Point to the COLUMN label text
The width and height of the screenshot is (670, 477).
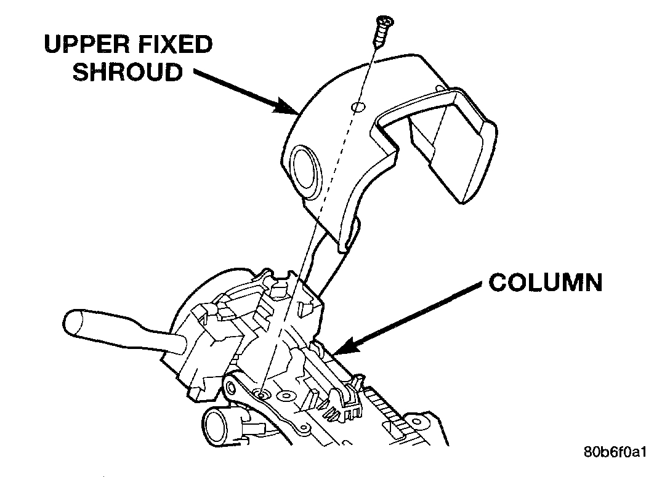tap(545, 283)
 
